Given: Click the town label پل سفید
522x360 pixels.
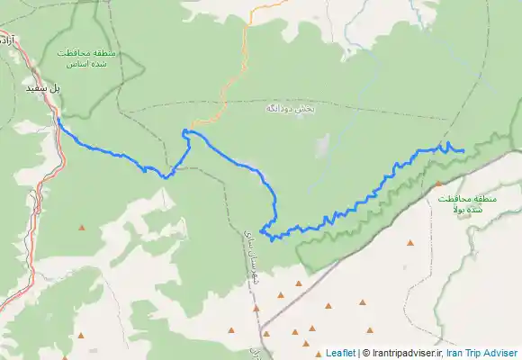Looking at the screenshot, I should [43, 90].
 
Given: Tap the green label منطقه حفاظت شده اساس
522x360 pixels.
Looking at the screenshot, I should [82, 58].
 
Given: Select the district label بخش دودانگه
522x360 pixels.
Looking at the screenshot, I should [290, 108].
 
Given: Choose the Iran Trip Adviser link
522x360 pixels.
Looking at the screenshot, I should [482, 353].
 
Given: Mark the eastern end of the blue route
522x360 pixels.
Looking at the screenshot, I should [463, 150].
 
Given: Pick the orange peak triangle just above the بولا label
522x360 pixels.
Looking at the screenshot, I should [438, 184].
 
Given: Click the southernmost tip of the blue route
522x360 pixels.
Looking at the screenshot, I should [272, 239].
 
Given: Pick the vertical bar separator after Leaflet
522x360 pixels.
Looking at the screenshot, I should [357, 353].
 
